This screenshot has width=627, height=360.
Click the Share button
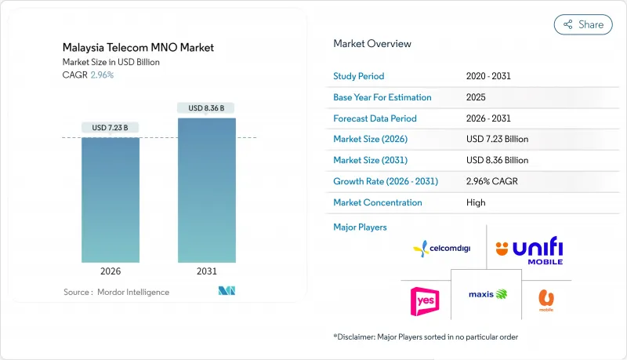(583, 24)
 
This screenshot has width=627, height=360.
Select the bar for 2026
(111, 200)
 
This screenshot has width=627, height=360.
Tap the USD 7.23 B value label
(111, 128)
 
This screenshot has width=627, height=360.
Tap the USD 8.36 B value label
(206, 107)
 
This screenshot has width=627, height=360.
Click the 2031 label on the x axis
(206, 271)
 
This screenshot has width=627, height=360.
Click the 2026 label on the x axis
(111, 271)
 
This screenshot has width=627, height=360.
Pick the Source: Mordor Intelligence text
(117, 292)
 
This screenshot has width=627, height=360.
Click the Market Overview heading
(372, 44)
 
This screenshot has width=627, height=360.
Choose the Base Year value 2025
(476, 97)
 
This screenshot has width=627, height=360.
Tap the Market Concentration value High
(476, 202)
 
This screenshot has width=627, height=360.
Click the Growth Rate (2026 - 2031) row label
(386, 181)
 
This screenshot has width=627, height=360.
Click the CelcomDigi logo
(444, 249)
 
